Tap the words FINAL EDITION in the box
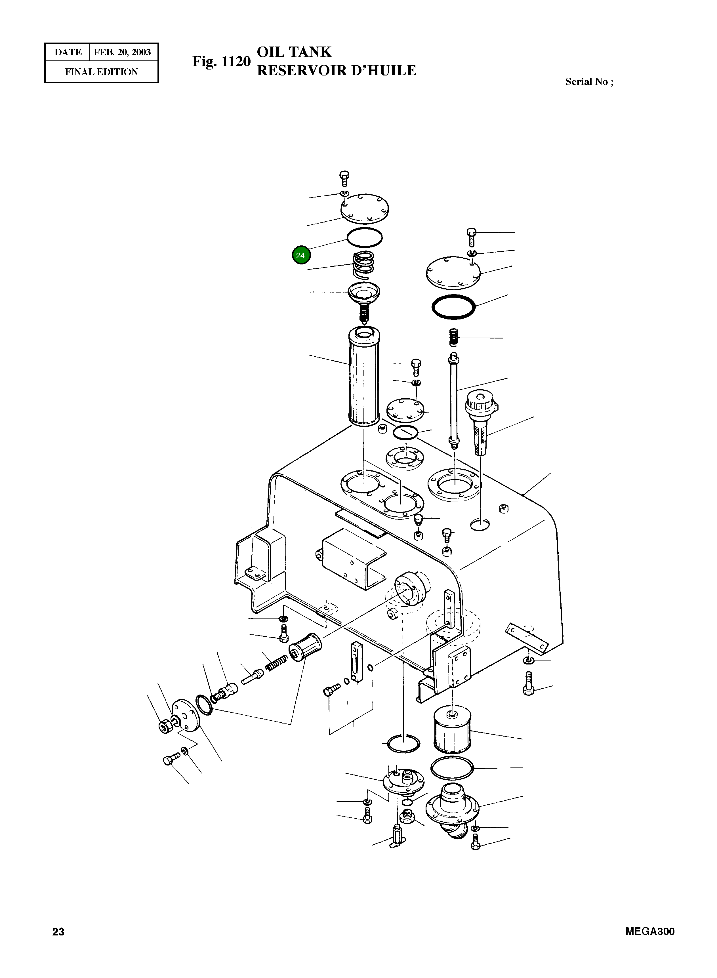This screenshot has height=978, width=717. (102, 72)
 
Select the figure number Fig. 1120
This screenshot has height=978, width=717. (221, 62)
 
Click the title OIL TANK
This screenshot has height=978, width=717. (294, 52)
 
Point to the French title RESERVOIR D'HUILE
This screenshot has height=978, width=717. (336, 70)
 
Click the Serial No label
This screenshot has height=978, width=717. (589, 82)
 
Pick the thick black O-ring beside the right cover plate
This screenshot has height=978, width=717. (453, 307)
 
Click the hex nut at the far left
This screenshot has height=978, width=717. (165, 727)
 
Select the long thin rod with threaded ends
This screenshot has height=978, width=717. (453, 402)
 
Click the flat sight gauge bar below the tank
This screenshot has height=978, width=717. (357, 662)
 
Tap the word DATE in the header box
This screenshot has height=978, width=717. (68, 52)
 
